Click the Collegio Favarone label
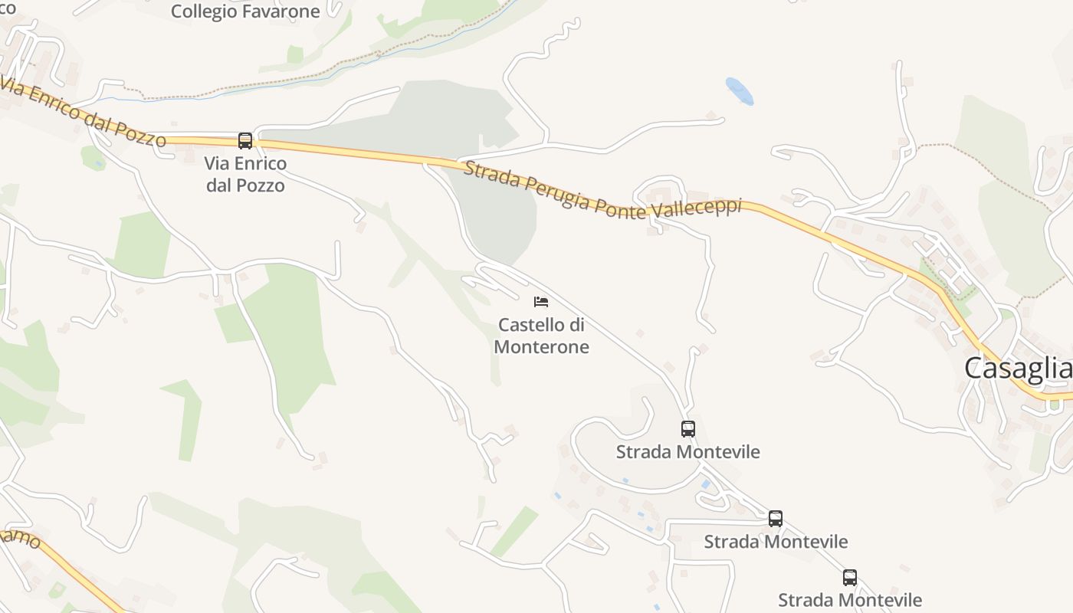coord(245,11)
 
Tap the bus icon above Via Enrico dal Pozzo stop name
coord(245,141)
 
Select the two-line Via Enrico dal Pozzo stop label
coord(245,174)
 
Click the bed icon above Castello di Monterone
coord(541,302)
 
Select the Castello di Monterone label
coord(541,336)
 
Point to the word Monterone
coord(541,347)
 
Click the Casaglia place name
coord(1018,369)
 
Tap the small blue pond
coord(740,91)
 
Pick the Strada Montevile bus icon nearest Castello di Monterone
coord(688,429)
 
